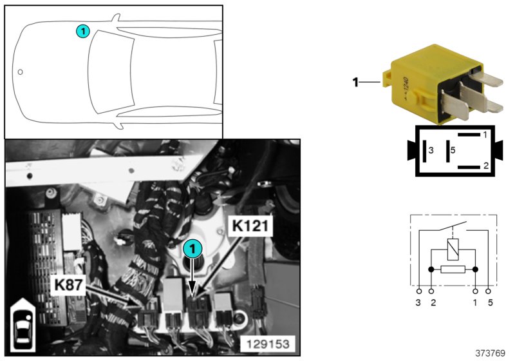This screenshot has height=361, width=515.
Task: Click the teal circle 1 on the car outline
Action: point(82,30)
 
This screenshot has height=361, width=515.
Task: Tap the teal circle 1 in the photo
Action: point(191,247)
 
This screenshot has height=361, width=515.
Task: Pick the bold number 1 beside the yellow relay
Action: point(355,82)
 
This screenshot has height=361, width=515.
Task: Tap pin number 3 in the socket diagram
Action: point(431,150)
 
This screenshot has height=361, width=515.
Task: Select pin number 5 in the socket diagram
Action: point(453,150)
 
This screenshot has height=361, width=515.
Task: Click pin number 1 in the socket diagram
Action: point(485,135)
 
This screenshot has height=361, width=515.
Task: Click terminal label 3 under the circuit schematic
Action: point(418,302)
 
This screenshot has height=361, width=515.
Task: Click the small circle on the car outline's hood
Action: point(21,72)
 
